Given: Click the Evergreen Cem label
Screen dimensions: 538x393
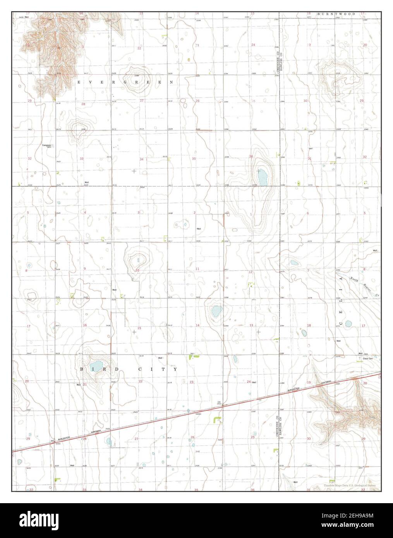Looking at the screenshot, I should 47,146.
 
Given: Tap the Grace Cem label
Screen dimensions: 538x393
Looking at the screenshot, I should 368,358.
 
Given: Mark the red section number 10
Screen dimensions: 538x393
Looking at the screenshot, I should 137,270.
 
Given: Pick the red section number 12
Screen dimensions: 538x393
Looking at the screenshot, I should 251,272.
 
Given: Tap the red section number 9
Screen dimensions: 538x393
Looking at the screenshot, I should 85,269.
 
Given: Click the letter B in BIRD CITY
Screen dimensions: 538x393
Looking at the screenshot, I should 82,370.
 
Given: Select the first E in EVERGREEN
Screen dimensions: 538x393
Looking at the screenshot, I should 79,82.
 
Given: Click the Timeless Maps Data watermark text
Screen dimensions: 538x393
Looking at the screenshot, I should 350,485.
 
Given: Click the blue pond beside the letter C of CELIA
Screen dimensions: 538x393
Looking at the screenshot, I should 348,324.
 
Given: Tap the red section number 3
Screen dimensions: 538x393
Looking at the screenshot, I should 139,212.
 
